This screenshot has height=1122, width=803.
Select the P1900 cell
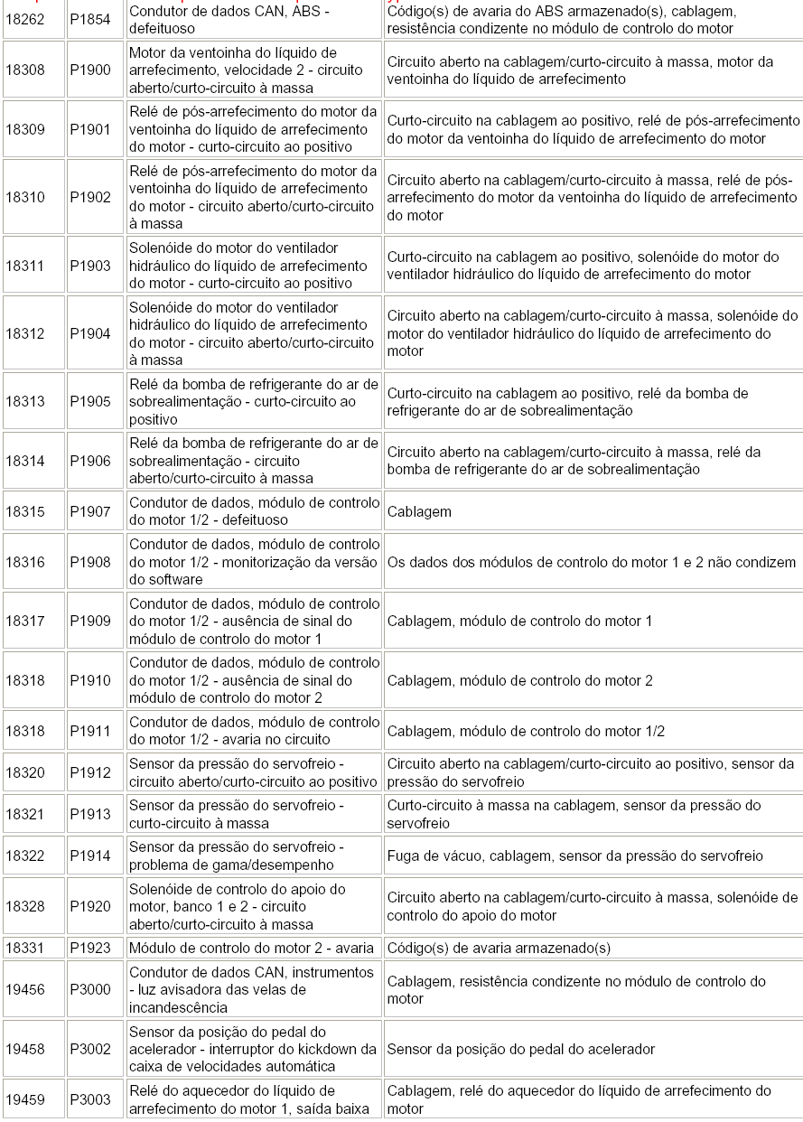point(90,70)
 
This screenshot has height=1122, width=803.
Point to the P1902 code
point(90,197)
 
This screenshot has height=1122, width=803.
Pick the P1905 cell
point(90,402)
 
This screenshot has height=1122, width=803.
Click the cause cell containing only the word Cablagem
point(419,511)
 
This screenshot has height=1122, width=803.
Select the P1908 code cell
point(90,562)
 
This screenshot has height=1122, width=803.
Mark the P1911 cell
point(90,731)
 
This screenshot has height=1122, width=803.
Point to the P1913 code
point(90,814)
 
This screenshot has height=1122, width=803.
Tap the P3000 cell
point(90,989)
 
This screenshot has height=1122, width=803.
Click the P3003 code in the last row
point(90,1099)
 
